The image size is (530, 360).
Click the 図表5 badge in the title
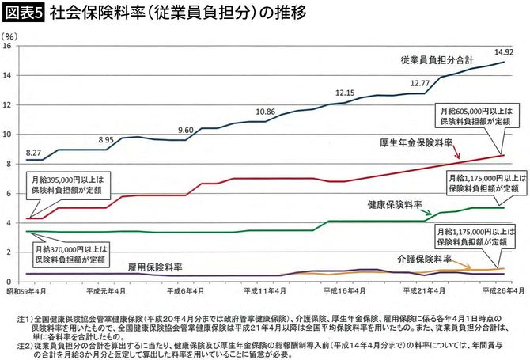click(x=24, y=13)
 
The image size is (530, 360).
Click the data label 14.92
click(x=504, y=52)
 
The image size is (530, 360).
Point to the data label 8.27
click(x=33, y=151)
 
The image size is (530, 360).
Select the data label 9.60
click(x=186, y=130)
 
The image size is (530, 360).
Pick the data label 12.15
click(x=345, y=93)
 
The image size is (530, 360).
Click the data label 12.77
click(x=420, y=83)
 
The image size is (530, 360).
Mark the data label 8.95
click(x=107, y=140)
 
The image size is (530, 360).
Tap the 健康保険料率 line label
click(x=393, y=204)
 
